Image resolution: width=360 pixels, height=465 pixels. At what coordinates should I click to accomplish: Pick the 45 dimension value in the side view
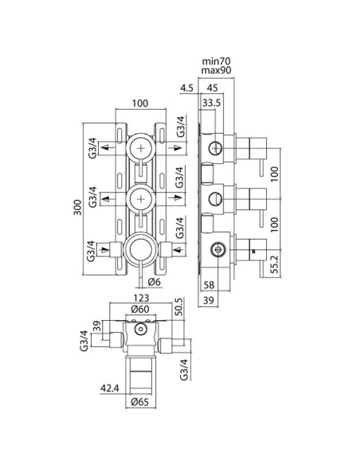coord(213,88)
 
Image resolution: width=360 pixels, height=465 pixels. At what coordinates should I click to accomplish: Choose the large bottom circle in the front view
coord(140,250)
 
